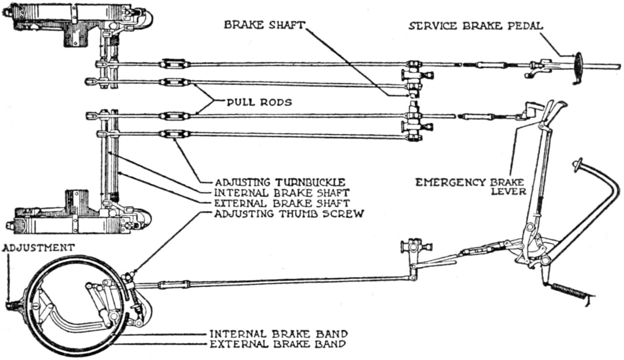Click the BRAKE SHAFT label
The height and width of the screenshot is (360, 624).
(264, 25)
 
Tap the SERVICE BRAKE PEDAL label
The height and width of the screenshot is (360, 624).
(475, 26)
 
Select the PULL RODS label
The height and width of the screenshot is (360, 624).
(259, 102)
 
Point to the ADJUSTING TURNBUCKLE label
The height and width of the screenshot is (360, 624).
(280, 182)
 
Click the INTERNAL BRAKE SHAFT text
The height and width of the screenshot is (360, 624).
(281, 193)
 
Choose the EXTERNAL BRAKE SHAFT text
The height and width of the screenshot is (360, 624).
(281, 203)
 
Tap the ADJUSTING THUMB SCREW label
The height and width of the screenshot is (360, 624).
(289, 214)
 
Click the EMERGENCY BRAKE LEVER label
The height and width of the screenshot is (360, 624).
(470, 186)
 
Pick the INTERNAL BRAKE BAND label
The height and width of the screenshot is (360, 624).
(278, 334)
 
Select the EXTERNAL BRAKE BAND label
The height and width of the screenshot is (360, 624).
(277, 344)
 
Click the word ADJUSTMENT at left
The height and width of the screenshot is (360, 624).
(38, 248)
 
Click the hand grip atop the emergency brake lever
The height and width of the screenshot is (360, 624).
(555, 108)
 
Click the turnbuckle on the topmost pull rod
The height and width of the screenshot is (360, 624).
(170, 65)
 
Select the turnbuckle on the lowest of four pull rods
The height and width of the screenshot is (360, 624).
(170, 134)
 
